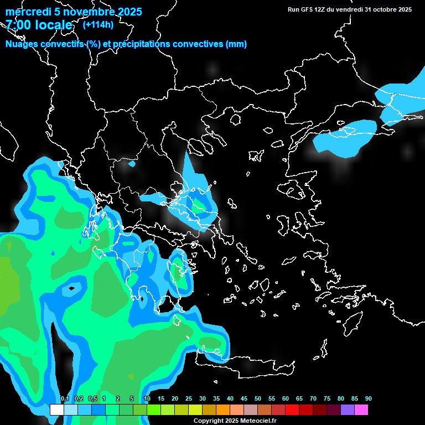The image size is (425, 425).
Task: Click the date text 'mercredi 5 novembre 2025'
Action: (x=74, y=12)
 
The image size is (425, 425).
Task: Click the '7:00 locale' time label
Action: (x=39, y=25)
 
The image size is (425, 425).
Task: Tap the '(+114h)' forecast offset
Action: (x=97, y=24)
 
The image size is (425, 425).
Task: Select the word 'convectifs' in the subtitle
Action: (x=62, y=44)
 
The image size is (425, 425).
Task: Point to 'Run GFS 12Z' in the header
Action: (x=305, y=9)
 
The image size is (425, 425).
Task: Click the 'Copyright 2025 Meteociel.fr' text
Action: (x=235, y=421)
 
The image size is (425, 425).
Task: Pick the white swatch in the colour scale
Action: (x=56, y=410)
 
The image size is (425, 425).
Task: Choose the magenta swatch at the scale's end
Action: (x=361, y=410)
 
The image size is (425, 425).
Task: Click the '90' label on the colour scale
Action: (x=369, y=399)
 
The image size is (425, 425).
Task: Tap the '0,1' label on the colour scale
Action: (x=64, y=399)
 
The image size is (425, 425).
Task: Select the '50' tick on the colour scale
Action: (x=258, y=399)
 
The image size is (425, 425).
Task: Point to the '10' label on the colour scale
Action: (x=147, y=399)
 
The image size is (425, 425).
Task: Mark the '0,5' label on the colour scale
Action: (x=92, y=399)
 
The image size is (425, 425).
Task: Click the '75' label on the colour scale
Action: (x=327, y=399)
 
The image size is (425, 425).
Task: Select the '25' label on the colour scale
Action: (x=189, y=399)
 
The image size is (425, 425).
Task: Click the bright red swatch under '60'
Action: (x=292, y=410)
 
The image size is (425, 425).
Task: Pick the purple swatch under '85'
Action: (x=348, y=410)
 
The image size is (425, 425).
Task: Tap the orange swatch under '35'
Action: (x=223, y=410)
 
